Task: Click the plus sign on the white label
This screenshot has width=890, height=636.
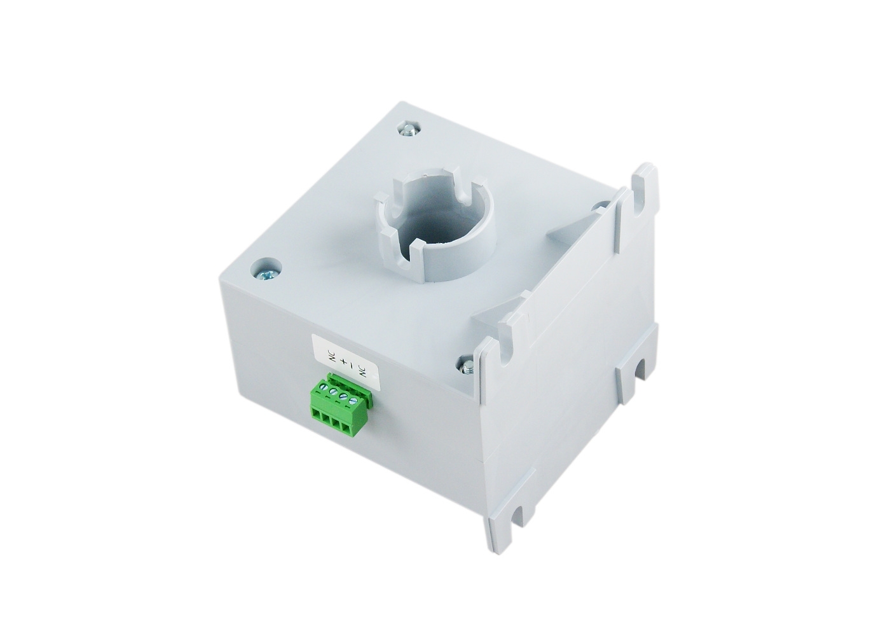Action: point(345,364)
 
